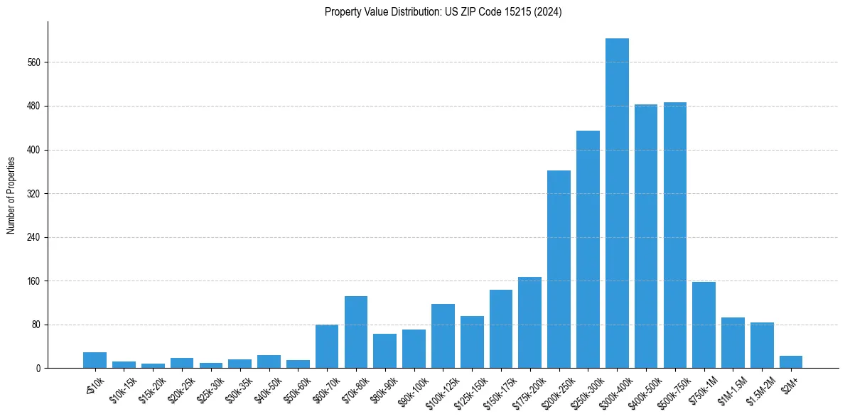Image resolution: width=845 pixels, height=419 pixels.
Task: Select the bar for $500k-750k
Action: pyautogui.click(x=675, y=235)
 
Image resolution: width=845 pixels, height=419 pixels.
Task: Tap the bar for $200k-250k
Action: pyautogui.click(x=559, y=269)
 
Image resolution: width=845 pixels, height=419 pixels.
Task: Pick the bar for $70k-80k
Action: pyautogui.click(x=356, y=332)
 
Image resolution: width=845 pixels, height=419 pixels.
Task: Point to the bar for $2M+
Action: pyautogui.click(x=791, y=362)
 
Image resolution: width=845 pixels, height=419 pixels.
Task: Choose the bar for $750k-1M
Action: pyautogui.click(x=704, y=325)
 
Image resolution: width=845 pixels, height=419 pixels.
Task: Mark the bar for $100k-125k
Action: pyautogui.click(x=443, y=336)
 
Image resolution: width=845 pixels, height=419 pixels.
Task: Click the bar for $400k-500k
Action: pyautogui.click(x=646, y=236)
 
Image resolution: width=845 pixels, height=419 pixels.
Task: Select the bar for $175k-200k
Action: pyautogui.click(x=529, y=322)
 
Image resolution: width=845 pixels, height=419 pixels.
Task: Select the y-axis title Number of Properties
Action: pyautogui.click(x=11, y=195)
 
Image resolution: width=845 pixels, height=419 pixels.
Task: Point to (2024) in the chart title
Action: pyautogui.click(x=549, y=12)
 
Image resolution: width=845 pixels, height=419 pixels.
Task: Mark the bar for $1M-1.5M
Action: pyautogui.click(x=733, y=343)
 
